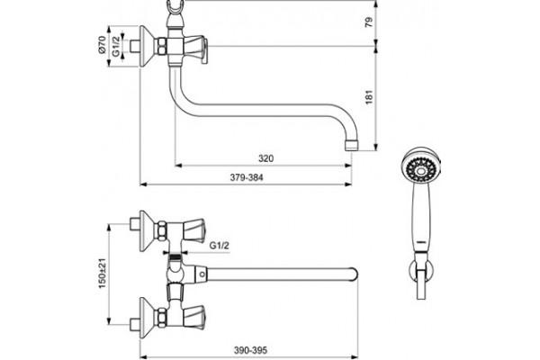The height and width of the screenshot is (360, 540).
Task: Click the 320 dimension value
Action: [265, 158]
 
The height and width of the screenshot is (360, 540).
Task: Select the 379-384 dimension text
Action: [247, 177]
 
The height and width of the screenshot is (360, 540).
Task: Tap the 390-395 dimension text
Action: [250, 350]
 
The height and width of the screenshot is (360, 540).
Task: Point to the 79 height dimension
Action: [369, 22]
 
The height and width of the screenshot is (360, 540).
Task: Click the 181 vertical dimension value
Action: [369, 97]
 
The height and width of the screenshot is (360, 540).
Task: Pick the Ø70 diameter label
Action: [103, 45]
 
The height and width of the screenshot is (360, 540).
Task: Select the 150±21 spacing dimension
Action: [103, 274]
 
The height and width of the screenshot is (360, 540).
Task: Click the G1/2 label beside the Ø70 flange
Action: [116, 46]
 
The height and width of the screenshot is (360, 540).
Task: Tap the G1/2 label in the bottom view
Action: [220, 246]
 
